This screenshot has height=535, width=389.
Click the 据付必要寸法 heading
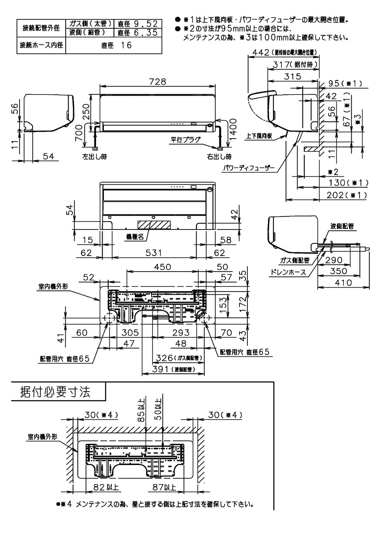[56, 392]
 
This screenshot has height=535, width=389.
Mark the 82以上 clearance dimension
[103, 487]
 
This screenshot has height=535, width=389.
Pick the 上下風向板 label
[259, 136]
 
